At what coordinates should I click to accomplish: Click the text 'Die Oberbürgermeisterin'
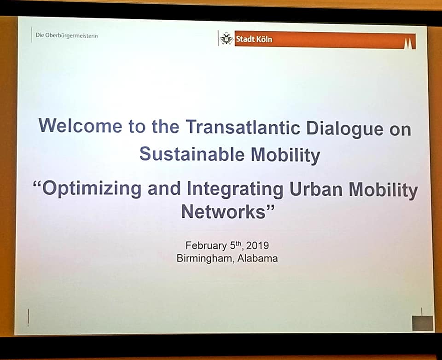[x=66, y=36]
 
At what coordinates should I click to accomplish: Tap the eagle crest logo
[x=227, y=39]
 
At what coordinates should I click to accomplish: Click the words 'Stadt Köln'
[x=254, y=39]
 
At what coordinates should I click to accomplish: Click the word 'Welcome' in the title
[x=80, y=125]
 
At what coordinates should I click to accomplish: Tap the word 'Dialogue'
[x=344, y=128]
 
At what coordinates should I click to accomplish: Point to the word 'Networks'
[x=223, y=212]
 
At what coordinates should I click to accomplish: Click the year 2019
[x=257, y=245]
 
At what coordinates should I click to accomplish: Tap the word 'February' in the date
[x=206, y=245]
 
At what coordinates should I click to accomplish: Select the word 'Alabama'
[x=257, y=258]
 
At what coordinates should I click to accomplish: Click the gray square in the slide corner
[x=422, y=323]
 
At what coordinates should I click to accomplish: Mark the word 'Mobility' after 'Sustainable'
[x=285, y=155]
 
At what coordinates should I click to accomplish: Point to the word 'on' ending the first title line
[x=400, y=130]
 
